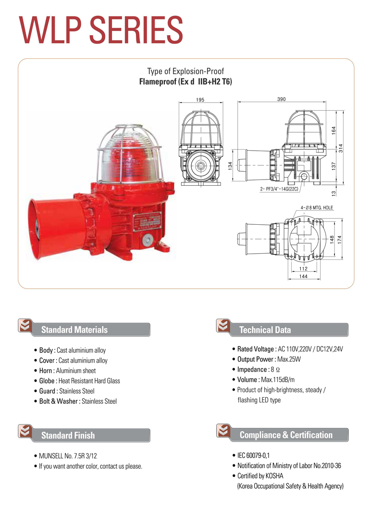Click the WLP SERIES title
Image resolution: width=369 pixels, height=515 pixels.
coord(101,30)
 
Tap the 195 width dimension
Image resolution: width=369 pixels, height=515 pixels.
coord(200,100)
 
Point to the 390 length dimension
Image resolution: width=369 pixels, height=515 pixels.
coord(282,99)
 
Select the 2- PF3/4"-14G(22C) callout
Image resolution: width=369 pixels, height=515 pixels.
coord(280,189)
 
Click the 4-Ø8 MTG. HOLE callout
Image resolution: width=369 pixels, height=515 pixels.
coord(317,207)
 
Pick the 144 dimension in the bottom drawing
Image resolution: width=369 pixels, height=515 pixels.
coord(303,277)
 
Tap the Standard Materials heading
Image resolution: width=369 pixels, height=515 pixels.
coord(74,330)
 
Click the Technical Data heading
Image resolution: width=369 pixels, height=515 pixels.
coord(265,330)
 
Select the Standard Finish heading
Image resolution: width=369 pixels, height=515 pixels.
coord(68,436)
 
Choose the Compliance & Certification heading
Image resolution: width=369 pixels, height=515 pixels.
coord(286,435)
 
